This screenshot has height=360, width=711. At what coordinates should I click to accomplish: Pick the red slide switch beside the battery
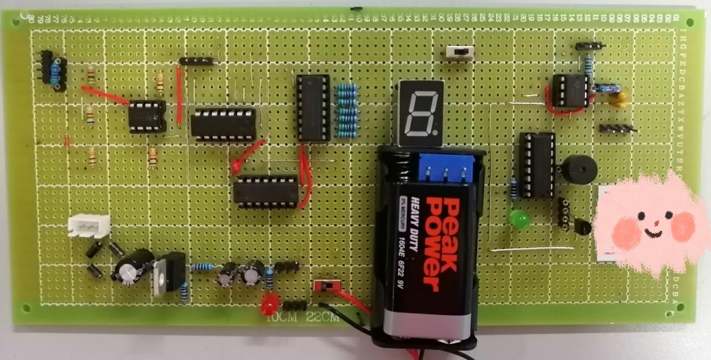326,286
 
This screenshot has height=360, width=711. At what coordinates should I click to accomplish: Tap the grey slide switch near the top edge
459,52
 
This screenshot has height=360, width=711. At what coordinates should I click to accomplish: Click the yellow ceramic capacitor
619,97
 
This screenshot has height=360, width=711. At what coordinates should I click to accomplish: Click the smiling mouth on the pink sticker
652,227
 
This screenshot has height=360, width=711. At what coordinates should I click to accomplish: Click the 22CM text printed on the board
322,316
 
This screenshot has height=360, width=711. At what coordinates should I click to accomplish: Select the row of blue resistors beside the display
347,106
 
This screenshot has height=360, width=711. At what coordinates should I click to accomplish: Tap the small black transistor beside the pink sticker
581,227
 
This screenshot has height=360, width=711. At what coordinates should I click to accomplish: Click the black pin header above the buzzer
615,128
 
